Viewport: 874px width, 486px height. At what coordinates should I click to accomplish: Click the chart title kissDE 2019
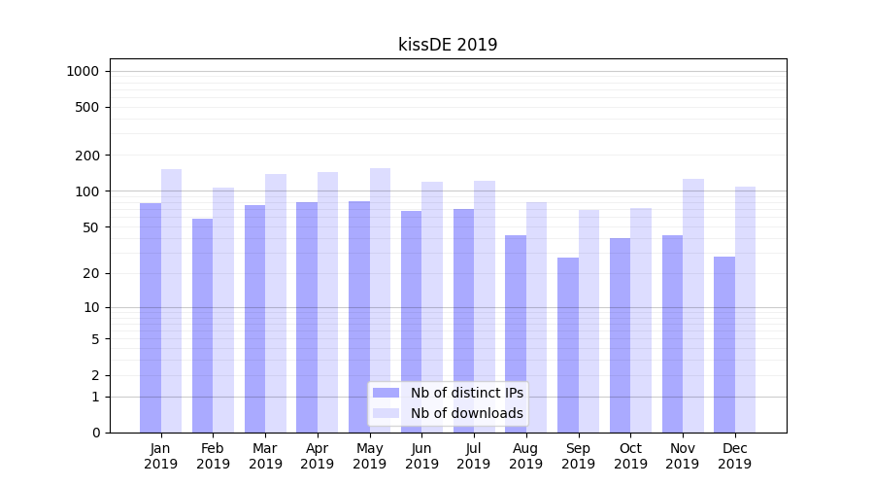[x=448, y=45]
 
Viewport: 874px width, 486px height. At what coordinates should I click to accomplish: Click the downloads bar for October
[x=641, y=320]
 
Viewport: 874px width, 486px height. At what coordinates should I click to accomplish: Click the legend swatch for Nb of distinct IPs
[x=387, y=393]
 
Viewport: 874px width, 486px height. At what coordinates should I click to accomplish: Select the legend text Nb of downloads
[x=466, y=413]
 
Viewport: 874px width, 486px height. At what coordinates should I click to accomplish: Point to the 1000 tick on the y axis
[x=83, y=71]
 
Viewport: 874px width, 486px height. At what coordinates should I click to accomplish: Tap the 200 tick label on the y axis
[x=87, y=156]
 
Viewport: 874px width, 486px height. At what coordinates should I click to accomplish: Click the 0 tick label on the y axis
[x=96, y=433]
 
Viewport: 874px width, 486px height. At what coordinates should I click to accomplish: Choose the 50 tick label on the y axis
[x=90, y=227]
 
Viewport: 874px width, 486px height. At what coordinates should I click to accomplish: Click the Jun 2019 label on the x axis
[x=421, y=456]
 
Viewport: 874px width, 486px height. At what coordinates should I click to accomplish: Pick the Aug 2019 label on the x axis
[x=526, y=456]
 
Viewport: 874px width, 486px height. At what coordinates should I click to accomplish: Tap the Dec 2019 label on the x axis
[x=735, y=456]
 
